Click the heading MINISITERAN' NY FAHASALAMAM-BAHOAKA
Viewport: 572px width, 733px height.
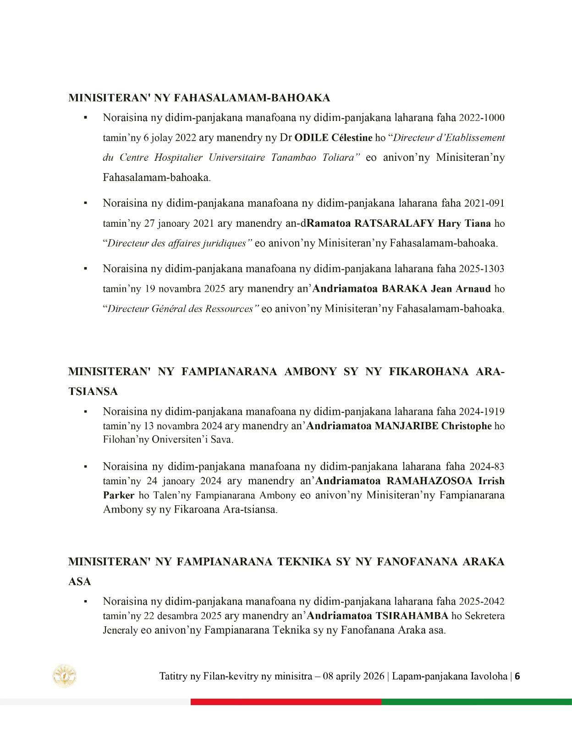(199, 98)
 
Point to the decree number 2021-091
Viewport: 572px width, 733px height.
(484, 203)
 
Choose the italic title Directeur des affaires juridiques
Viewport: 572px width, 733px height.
(177, 243)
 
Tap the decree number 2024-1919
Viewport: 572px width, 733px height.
(482, 412)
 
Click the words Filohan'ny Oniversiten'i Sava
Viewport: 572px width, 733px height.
(168, 440)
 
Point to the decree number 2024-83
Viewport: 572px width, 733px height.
(487, 467)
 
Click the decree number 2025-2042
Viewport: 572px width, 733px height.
(482, 601)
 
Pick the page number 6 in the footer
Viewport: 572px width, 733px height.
(517, 676)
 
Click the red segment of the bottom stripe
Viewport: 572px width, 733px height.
(286, 702)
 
